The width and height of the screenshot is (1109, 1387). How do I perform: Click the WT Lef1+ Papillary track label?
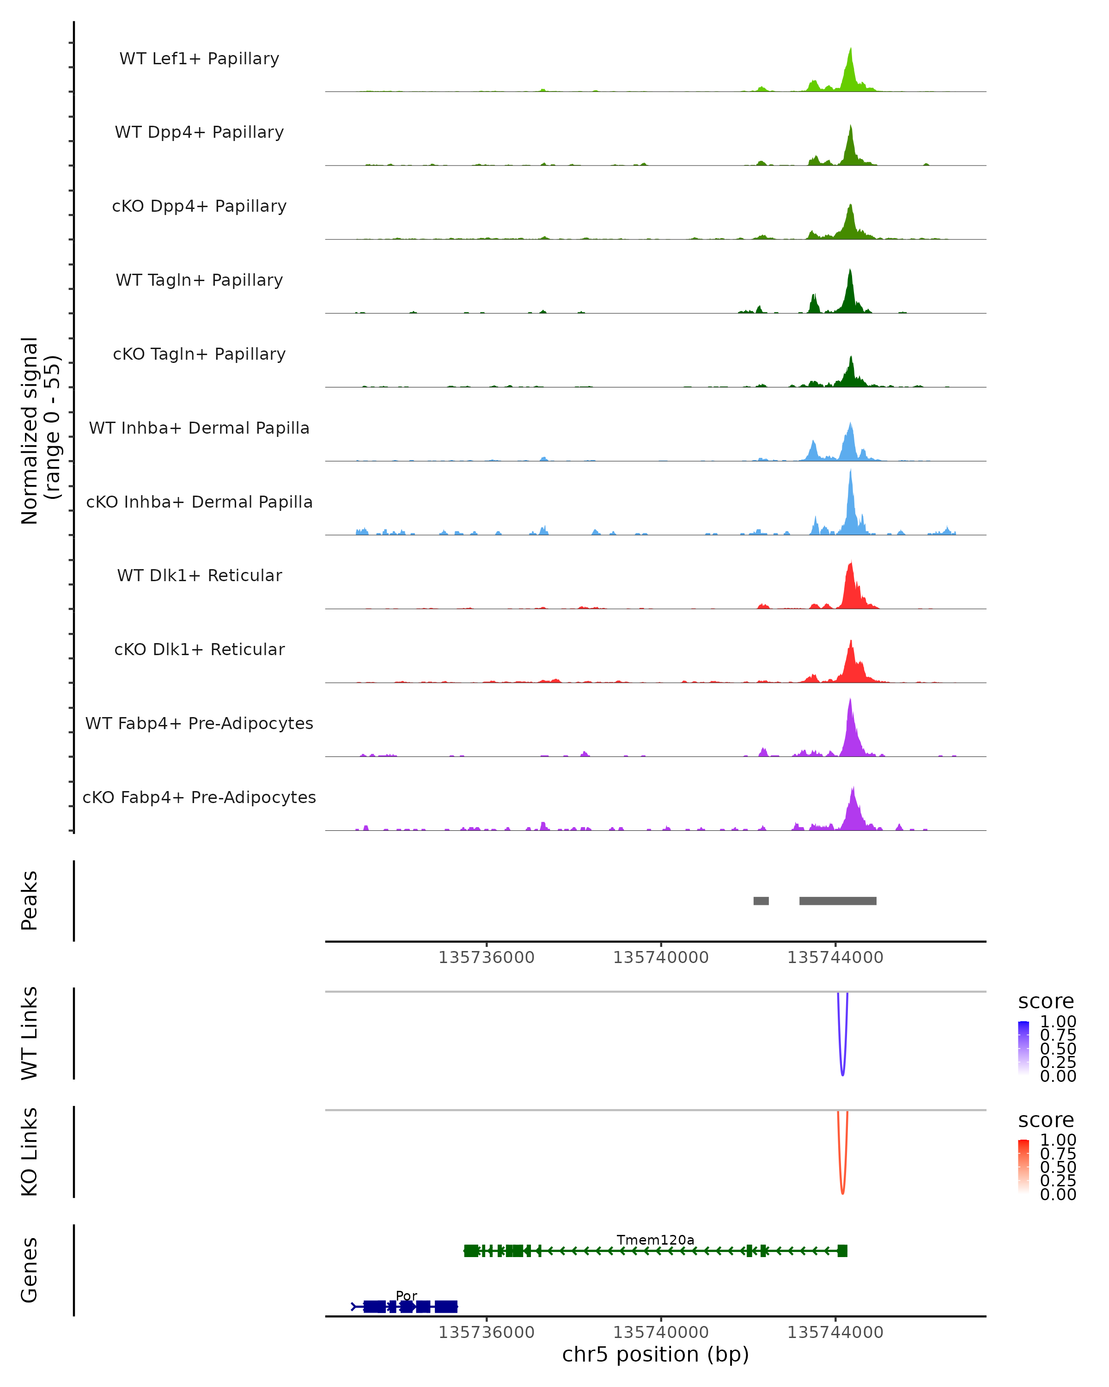[x=199, y=59]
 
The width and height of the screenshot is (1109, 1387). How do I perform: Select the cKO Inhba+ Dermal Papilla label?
[x=199, y=502]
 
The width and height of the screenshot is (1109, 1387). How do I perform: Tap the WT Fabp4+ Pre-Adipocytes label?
[x=199, y=723]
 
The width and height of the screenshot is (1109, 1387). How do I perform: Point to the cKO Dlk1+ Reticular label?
[x=199, y=649]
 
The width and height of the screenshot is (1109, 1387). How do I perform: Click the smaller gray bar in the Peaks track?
[x=761, y=901]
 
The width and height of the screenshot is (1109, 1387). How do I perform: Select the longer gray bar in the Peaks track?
[x=838, y=901]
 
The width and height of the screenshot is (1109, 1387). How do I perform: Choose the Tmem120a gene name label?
[x=655, y=1240]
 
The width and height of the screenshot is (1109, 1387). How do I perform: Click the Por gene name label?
[x=406, y=1295]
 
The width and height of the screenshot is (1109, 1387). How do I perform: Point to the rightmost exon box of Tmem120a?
[x=842, y=1251]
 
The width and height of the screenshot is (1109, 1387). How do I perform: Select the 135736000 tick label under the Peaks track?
[x=487, y=957]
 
